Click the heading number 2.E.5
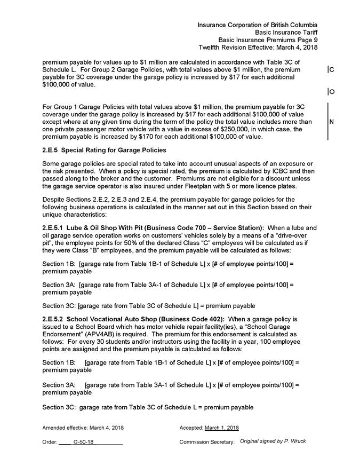coord(51,150)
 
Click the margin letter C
coord(332,70)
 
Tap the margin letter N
coord(332,122)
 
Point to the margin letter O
coord(332,92)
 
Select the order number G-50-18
coord(84,442)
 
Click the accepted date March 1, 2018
coord(221,428)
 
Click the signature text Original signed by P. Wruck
coord(273,441)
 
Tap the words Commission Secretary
coord(207,442)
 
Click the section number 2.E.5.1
coord(55,228)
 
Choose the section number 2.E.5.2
coord(55,319)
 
